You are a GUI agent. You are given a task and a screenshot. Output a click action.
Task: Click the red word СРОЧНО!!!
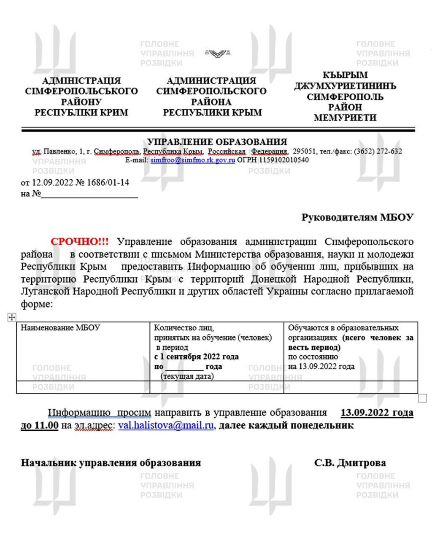(x=79, y=242)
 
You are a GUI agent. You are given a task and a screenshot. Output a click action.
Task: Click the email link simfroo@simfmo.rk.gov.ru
(x=192, y=160)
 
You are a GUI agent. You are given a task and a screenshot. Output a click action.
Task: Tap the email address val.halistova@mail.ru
(x=166, y=425)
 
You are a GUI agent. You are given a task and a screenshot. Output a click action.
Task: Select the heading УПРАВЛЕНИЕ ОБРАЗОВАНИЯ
(x=217, y=142)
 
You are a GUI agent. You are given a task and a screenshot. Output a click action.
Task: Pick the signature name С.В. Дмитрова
(x=350, y=463)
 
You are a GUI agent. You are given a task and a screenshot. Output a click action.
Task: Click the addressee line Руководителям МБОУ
(x=357, y=217)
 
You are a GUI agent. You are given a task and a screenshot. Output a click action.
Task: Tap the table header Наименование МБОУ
(x=60, y=328)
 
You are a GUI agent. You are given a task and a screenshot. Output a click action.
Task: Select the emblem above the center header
(x=217, y=53)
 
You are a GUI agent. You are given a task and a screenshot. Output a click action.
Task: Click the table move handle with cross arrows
(x=12, y=317)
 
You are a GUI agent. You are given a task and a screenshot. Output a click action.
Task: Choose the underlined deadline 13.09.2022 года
(x=377, y=413)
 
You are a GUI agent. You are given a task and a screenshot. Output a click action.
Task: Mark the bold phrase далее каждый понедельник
(x=286, y=425)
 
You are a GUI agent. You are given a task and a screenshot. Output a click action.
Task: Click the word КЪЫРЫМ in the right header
(x=345, y=75)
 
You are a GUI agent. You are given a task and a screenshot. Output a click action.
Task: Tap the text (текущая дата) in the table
(x=187, y=376)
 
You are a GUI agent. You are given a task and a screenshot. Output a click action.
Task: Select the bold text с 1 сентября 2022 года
(x=196, y=357)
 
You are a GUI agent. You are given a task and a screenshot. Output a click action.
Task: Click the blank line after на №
(x=89, y=194)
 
